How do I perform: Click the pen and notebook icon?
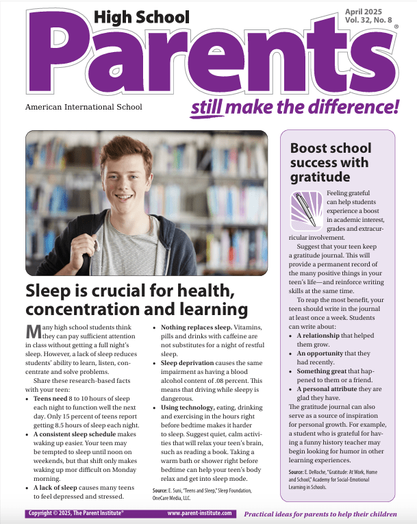click(306, 209)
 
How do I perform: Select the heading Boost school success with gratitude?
click(331, 163)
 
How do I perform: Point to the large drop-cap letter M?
click(33, 332)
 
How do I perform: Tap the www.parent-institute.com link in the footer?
click(199, 512)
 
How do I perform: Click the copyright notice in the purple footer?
click(76, 512)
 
